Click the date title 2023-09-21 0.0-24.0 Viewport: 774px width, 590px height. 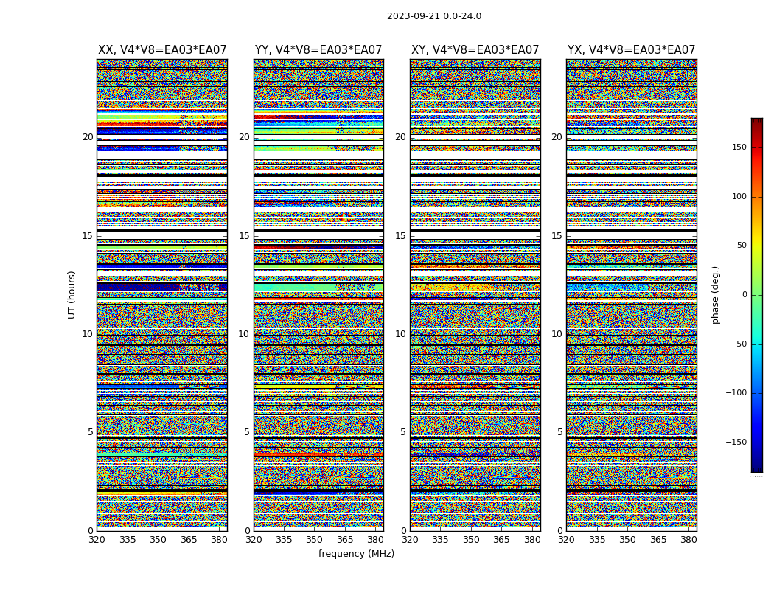coord(434,16)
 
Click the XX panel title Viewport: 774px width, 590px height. coord(162,50)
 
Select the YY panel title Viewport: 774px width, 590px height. coord(318,50)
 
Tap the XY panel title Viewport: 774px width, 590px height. coord(475,50)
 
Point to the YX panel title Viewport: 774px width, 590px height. coord(631,50)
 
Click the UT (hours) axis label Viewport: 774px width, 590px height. coord(72,294)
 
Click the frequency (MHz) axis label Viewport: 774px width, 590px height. coord(356,554)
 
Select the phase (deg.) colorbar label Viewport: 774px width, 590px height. coord(715,294)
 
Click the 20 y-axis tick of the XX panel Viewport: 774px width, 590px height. coord(88,137)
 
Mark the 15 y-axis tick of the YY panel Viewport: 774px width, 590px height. coord(244,236)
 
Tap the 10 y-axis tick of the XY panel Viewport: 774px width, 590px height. coord(400,334)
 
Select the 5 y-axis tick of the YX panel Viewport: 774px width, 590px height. coord(559,432)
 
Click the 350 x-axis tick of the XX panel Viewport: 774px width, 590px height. coord(158,540)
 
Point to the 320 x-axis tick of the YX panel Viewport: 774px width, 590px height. coord(566,540)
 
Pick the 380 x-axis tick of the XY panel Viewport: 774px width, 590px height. coord(532,540)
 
